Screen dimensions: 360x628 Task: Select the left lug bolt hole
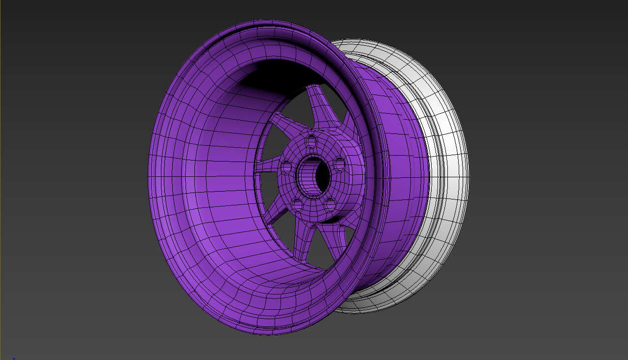[x=286, y=166]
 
